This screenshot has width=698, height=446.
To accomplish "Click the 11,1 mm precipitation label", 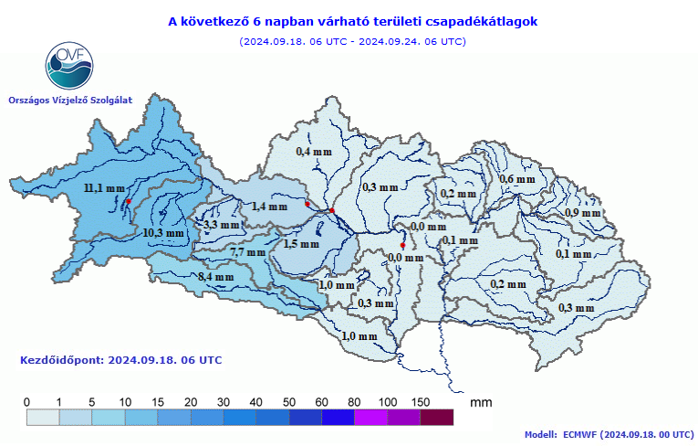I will pyautogui.click(x=103, y=188).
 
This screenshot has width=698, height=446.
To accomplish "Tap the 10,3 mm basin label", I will pyautogui.click(x=163, y=233).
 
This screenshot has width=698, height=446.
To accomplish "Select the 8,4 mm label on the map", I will pyautogui.click(x=217, y=277).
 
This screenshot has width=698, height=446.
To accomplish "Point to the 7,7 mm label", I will pyautogui.click(x=247, y=252).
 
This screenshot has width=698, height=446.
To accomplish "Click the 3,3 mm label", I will pyautogui.click(x=222, y=225).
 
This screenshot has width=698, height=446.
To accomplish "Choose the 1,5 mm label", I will pyautogui.click(x=301, y=244).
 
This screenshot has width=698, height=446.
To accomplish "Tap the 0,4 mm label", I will pyautogui.click(x=315, y=151).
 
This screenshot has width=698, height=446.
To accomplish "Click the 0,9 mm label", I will pyautogui.click(x=583, y=212).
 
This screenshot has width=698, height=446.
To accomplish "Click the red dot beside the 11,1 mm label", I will pyautogui.click(x=129, y=200).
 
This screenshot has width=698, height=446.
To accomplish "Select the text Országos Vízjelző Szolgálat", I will pyautogui.click(x=69, y=100).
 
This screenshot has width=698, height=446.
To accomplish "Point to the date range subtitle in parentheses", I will pyautogui.click(x=353, y=41).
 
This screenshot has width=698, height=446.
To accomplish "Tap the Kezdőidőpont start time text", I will pyautogui.click(x=120, y=360).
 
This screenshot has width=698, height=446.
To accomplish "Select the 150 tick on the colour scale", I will pyautogui.click(x=420, y=402).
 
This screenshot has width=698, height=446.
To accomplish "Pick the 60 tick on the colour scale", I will pyautogui.click(x=321, y=402).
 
